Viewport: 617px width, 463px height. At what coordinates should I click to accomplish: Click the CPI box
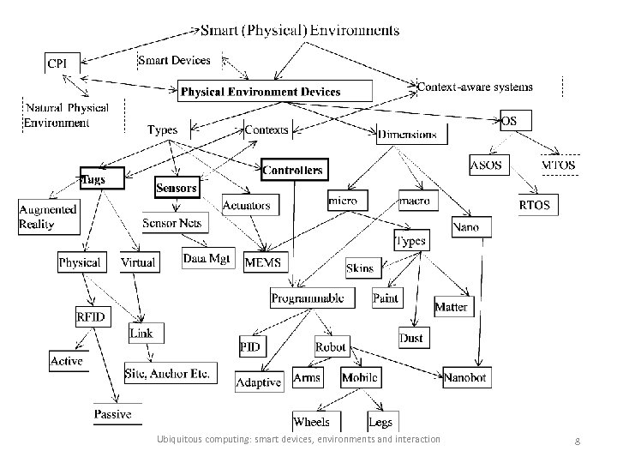point(63,63)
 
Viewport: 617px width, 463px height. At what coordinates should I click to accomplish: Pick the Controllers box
point(293,170)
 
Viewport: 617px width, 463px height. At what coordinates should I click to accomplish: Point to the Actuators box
point(247,205)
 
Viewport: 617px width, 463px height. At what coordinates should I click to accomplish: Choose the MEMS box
point(267,261)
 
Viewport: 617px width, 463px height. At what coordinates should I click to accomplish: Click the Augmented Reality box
point(48,216)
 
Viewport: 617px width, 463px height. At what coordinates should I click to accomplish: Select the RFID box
point(91,317)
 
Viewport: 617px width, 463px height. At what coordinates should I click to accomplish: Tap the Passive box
point(113,414)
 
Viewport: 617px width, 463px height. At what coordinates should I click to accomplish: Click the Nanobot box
point(467,377)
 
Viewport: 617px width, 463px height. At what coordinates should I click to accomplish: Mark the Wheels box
point(311,421)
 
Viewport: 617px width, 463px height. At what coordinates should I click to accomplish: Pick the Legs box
point(380,421)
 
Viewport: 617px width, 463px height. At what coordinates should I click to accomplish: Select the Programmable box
point(308,298)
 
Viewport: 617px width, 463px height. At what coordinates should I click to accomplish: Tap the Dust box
point(411,338)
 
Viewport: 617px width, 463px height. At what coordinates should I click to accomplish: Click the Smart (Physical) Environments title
point(299,30)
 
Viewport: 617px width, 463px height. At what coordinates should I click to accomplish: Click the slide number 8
point(578,441)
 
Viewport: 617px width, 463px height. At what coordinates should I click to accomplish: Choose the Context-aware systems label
point(475,87)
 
